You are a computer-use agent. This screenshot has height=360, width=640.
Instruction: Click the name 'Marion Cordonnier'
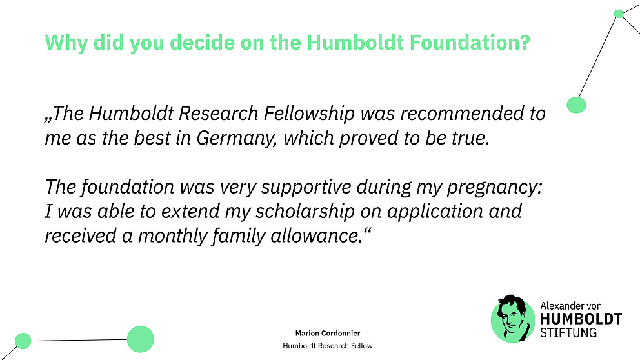pyautogui.click(x=328, y=333)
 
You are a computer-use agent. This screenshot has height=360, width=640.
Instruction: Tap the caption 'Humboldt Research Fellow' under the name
pyautogui.click(x=328, y=346)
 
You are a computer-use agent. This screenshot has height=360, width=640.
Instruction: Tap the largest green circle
pyautogui.click(x=141, y=339)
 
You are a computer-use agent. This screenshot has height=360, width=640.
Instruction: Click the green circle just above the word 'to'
pyautogui.click(x=575, y=105)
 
